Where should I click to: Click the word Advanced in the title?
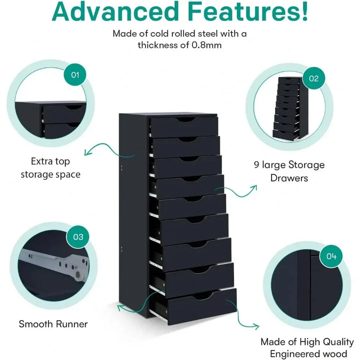click(115, 11)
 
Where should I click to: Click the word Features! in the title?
click(248, 11)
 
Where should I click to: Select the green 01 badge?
click(75, 75)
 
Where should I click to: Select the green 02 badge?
click(314, 78)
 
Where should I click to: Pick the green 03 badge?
click(78, 237)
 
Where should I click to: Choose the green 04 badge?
click(331, 256)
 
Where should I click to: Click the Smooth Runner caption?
click(53, 324)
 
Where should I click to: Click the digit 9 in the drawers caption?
click(256, 165)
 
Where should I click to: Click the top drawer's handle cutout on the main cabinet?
click(187, 120)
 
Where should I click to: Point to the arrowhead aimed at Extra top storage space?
click(87, 152)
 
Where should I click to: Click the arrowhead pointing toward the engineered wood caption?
click(256, 326)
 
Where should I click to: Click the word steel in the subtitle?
click(207, 34)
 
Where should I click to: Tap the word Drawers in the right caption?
click(289, 178)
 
